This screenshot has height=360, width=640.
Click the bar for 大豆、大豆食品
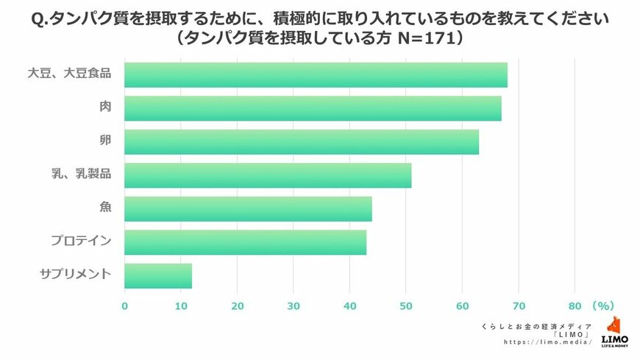pyautogui.click(x=316, y=75)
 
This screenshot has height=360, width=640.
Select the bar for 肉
pyautogui.click(x=313, y=108)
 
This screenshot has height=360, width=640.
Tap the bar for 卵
pyautogui.click(x=302, y=142)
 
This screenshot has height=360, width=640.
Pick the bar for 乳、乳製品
pyautogui.click(x=268, y=175)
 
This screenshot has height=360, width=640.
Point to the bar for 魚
pyautogui.click(x=248, y=209)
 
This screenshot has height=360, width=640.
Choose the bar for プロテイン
pyautogui.click(x=245, y=242)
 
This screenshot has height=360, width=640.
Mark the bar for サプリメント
pyautogui.click(x=158, y=275)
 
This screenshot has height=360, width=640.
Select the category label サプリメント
pyautogui.click(x=75, y=275)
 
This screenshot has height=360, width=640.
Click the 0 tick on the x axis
pyautogui.click(x=125, y=305)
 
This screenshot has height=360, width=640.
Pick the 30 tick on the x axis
pyautogui.click(x=294, y=305)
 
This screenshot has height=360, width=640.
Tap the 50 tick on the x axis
pyautogui.click(x=406, y=305)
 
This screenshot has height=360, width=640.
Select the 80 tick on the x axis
pyautogui.click(x=575, y=305)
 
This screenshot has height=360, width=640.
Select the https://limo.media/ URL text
pyautogui.click(x=548, y=342)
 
